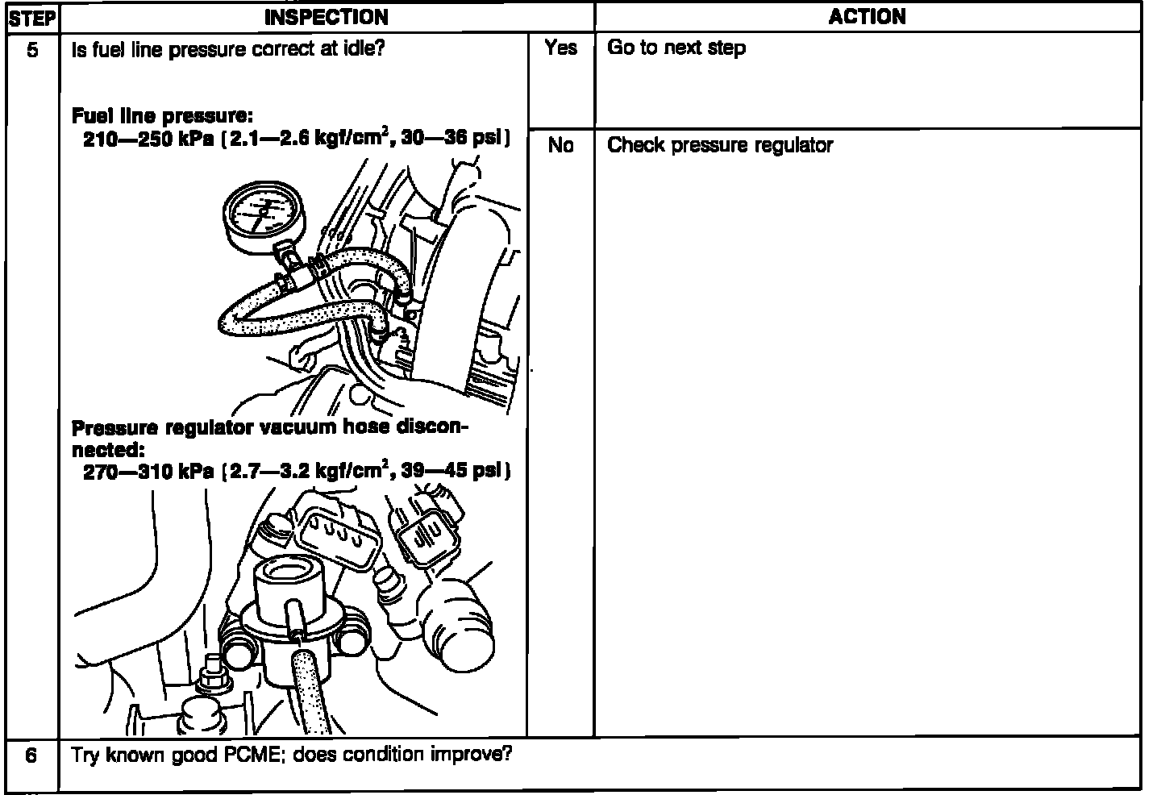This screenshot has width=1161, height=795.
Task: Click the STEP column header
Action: pyautogui.click(x=32, y=18)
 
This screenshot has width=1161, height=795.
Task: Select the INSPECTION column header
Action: pyautogui.click(x=327, y=17)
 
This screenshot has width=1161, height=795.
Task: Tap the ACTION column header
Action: pyautogui.click(x=867, y=17)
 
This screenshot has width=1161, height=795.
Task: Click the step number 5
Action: pyautogui.click(x=32, y=50)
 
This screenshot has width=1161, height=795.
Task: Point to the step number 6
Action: pyautogui.click(x=31, y=756)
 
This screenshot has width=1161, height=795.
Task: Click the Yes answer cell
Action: pyautogui.click(x=560, y=48)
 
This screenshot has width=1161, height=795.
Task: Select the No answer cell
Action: pyautogui.click(x=560, y=146)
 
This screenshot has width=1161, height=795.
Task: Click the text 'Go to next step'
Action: pyautogui.click(x=676, y=48)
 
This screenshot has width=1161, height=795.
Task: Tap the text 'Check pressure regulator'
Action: pyautogui.click(x=719, y=146)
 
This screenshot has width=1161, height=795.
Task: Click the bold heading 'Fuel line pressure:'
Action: pyautogui.click(x=162, y=116)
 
